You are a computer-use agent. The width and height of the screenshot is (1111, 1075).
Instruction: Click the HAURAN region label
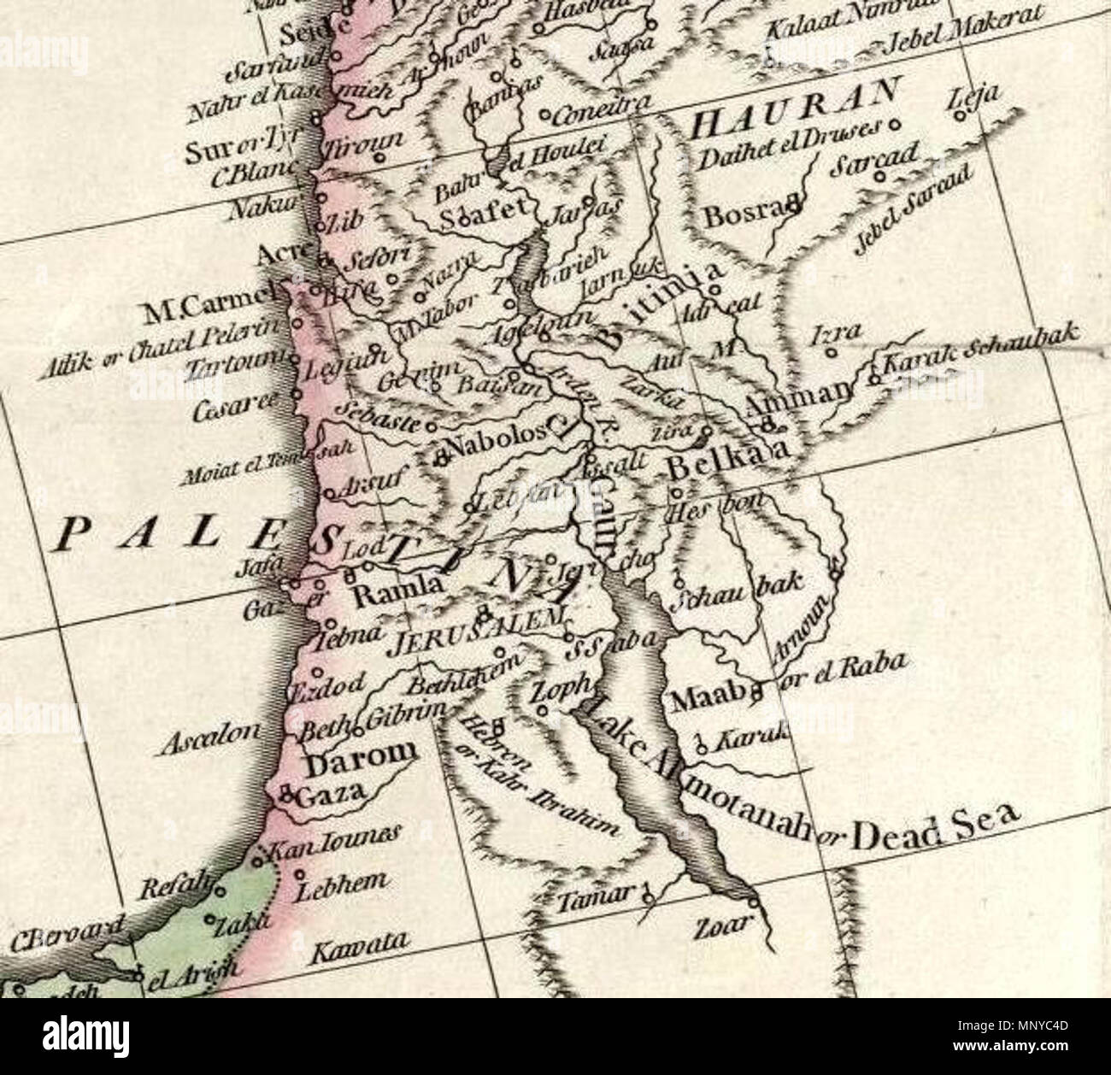pyautogui.click(x=794, y=114)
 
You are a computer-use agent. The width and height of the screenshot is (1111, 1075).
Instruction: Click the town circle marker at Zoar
pyautogui.click(x=752, y=901)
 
